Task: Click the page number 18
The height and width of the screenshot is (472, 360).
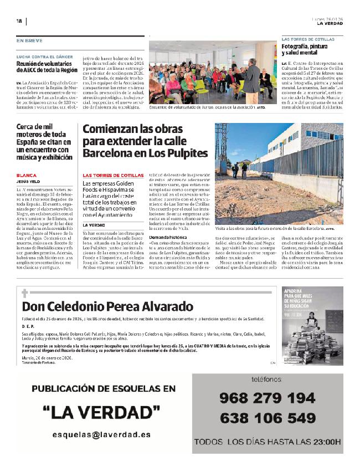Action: tap(19, 21)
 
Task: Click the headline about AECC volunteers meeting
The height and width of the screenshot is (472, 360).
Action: tap(47, 67)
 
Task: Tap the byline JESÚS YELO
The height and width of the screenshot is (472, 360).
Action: tap(29, 181)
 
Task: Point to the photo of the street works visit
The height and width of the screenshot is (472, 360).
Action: tap(279, 174)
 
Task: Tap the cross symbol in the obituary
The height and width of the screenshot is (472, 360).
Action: tap(25, 293)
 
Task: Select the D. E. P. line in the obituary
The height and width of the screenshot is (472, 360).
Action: tap(28, 327)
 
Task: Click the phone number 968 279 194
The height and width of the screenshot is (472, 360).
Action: tap(267, 398)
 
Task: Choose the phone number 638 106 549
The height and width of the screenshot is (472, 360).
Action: tap(267, 418)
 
